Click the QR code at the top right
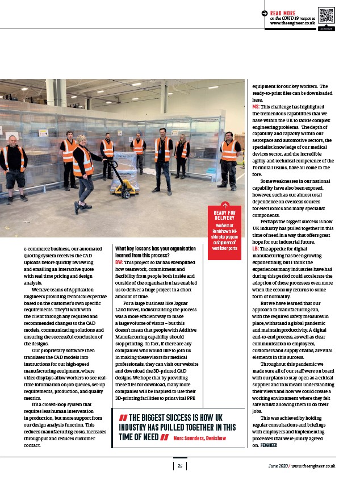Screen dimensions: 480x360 326,15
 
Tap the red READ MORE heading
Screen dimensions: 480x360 282,12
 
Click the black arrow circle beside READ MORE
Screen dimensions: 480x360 265,12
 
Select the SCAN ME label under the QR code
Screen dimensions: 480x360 326,28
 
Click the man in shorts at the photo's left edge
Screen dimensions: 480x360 12,168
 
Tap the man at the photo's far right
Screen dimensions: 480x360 229,159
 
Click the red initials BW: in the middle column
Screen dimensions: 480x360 119,262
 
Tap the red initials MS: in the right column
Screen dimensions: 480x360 256,107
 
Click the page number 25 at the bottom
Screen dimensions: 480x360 179,466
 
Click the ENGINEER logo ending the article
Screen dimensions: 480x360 268,446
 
